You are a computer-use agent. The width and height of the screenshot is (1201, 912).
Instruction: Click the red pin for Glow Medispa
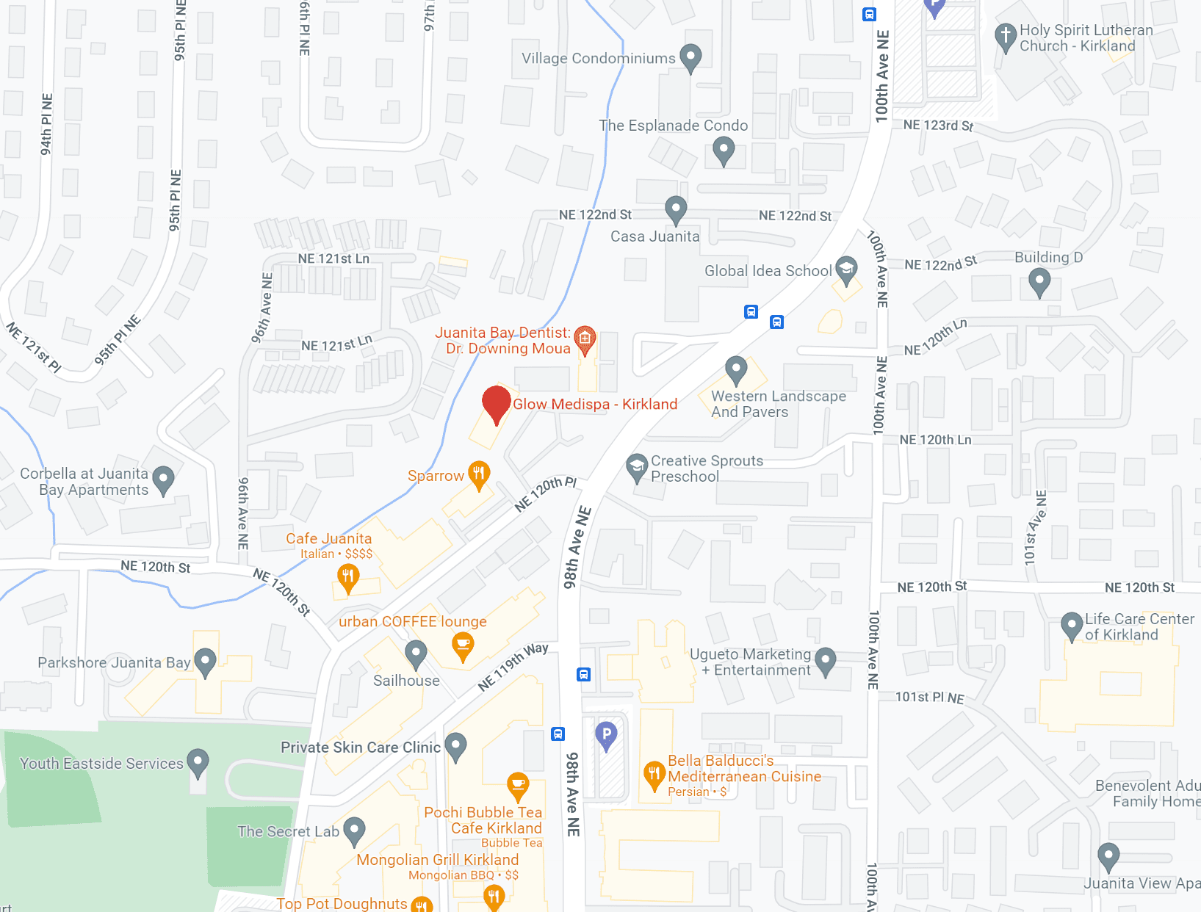pyautogui.click(x=497, y=403)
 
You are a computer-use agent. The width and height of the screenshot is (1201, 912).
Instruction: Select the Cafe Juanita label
pyautogui.click(x=328, y=538)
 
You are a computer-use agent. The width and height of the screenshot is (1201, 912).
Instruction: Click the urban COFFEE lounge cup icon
pyautogui.click(x=463, y=645)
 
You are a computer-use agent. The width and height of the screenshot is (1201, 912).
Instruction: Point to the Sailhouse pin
pyautogui.click(x=416, y=653)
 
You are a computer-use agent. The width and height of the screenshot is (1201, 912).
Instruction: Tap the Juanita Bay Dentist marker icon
pyautogui.click(x=585, y=339)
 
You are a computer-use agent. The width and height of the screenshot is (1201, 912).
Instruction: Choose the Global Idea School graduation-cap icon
pyautogui.click(x=846, y=269)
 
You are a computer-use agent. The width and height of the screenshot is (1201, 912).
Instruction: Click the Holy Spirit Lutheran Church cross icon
pyautogui.click(x=1005, y=36)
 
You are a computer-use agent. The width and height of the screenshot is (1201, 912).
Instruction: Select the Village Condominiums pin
pyautogui.click(x=690, y=57)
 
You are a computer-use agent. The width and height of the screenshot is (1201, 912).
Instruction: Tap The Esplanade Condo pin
pyautogui.click(x=724, y=150)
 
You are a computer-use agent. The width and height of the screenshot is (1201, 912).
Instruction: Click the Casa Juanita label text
pyautogui.click(x=654, y=236)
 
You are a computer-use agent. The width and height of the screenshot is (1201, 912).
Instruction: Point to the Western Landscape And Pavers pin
pyautogui.click(x=736, y=369)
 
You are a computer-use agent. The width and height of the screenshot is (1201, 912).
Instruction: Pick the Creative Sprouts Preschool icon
pyautogui.click(x=637, y=467)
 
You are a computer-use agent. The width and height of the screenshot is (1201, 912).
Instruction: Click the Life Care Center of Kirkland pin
pyautogui.click(x=1072, y=626)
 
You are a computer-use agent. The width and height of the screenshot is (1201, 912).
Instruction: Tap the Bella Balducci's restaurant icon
pyautogui.click(x=654, y=775)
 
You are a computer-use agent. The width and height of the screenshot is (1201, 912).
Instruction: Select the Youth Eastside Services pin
pyautogui.click(x=198, y=762)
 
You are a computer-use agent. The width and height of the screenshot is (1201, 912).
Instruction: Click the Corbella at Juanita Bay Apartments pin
pyautogui.click(x=163, y=480)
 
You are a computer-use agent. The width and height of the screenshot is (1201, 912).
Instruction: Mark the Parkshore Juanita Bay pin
pyautogui.click(x=205, y=662)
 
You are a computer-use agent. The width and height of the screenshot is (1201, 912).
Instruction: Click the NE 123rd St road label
pyautogui.click(x=938, y=126)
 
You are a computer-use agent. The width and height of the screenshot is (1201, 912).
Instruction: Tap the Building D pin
pyautogui.click(x=1039, y=281)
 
